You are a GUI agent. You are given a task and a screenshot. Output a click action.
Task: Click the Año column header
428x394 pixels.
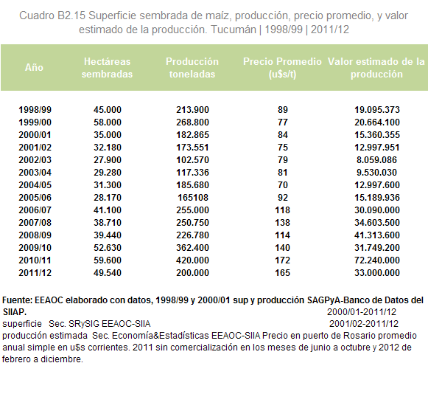click(34, 67)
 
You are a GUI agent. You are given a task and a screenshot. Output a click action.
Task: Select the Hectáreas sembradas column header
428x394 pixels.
click(107, 68)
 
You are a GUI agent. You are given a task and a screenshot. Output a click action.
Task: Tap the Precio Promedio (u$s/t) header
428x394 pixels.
click(282, 68)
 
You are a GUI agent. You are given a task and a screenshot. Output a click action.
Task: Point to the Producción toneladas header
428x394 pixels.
click(192, 68)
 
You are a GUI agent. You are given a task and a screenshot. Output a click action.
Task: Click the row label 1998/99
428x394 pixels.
click(35, 110)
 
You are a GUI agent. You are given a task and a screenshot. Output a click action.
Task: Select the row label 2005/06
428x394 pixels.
click(35, 198)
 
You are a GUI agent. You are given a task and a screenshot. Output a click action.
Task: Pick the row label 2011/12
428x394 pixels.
click(35, 273)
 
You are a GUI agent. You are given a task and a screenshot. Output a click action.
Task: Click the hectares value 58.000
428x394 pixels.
click(108, 122)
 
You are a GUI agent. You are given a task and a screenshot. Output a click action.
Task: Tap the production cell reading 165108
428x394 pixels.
click(193, 198)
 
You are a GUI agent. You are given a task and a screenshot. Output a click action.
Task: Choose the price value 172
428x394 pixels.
click(283, 260)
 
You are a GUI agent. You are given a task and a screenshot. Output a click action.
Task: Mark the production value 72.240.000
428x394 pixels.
click(377, 260)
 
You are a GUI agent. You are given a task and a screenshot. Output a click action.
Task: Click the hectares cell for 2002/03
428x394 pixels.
click(108, 160)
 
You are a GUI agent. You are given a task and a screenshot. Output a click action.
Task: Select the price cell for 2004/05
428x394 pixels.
click(283, 185)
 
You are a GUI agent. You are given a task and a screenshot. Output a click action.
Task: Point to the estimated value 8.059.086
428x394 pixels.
click(376, 160)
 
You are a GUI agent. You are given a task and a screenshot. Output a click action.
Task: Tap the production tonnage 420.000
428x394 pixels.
click(192, 260)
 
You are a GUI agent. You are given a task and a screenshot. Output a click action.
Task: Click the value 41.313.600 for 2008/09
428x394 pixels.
click(377, 235)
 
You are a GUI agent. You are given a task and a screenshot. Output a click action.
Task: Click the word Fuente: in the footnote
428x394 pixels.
click(17, 300)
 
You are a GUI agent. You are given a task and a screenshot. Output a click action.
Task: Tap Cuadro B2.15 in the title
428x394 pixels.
click(52, 15)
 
